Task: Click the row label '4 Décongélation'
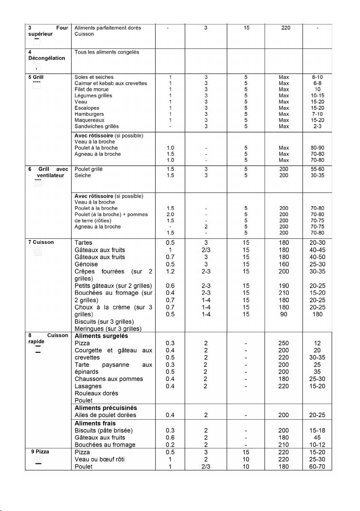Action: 44,55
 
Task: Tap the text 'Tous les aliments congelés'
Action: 107,52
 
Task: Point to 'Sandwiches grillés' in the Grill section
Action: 97,126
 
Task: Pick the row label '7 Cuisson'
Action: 41,242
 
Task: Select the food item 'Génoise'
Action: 86,265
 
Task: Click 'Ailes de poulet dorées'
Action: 105,415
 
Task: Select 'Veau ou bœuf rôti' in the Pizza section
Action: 99,460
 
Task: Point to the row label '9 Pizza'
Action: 40,452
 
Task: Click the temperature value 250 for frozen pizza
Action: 283,343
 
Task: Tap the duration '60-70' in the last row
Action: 317,467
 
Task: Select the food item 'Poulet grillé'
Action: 89,169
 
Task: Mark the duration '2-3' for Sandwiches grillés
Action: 317,126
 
